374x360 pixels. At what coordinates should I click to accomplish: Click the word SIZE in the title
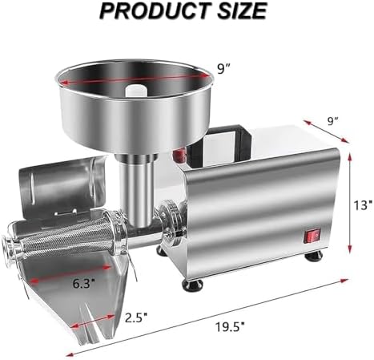[x=236, y=11]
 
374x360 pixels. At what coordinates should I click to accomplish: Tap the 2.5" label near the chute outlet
[x=136, y=315]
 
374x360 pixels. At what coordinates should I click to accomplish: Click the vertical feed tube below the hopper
[x=135, y=184]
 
